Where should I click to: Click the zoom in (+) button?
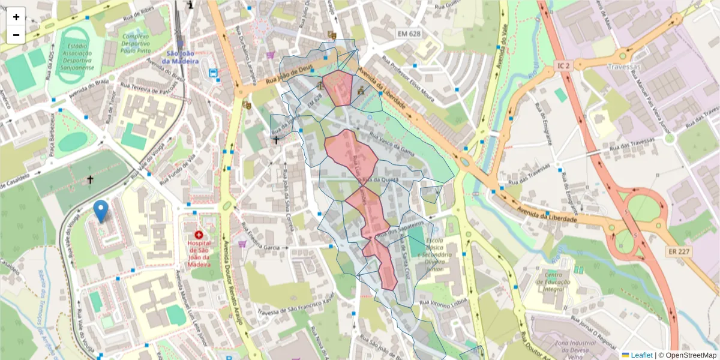16,17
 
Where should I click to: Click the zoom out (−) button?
16,35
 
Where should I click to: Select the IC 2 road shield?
562,65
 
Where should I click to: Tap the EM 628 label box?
408,34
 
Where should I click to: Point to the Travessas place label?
624,67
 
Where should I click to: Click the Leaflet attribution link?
641,355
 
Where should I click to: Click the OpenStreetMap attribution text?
691,355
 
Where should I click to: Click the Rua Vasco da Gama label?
393,142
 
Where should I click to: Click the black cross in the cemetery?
90,179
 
